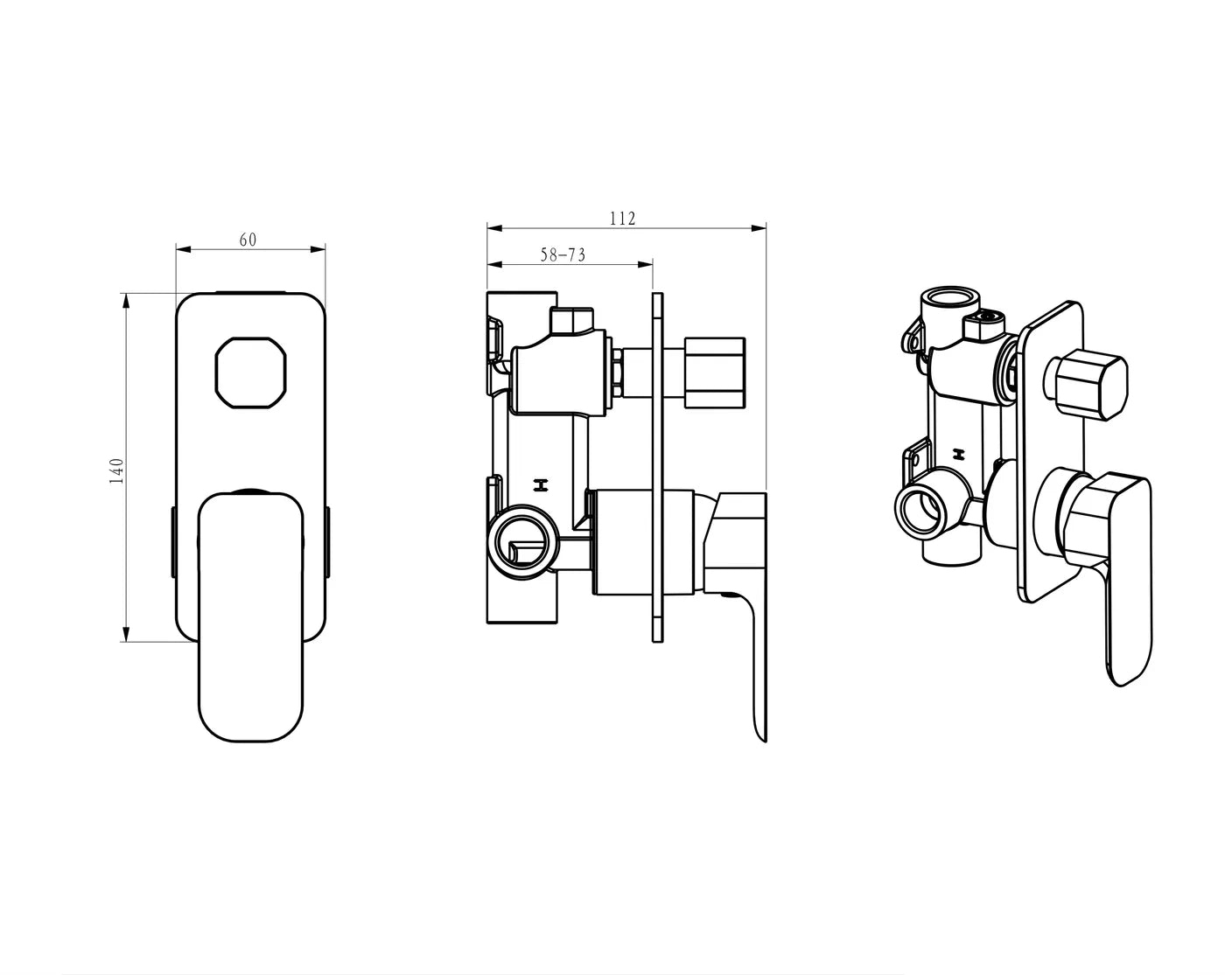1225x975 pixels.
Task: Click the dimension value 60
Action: [248, 240]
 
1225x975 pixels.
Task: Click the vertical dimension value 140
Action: [117, 470]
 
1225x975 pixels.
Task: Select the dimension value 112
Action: [622, 219]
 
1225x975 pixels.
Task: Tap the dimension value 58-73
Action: [563, 254]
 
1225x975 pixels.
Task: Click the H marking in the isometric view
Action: [960, 454]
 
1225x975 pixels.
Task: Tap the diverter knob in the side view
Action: [714, 371]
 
